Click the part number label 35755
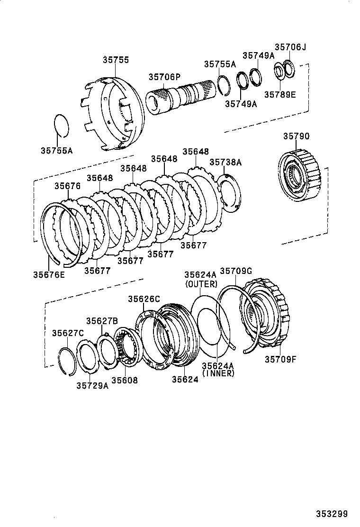(116, 60)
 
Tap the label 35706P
(164, 77)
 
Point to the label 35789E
(279, 94)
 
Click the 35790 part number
(296, 136)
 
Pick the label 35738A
(225, 163)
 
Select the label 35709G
(235, 271)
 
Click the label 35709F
(280, 359)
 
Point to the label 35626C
(144, 299)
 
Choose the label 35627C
(68, 333)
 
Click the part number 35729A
(92, 385)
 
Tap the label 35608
(124, 380)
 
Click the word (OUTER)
(201, 284)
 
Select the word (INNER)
(218, 373)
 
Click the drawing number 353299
(332, 514)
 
